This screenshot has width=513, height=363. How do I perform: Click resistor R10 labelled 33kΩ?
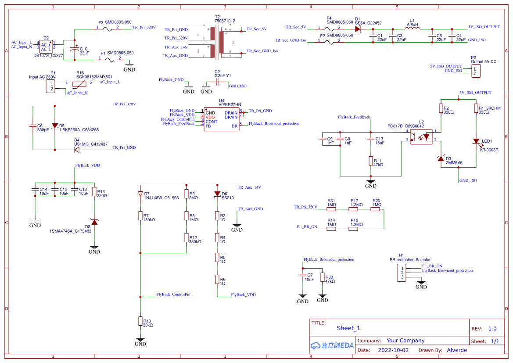(140, 322)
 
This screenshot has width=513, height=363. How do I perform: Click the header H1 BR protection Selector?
(401, 273)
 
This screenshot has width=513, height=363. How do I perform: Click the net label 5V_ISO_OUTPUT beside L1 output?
(484, 27)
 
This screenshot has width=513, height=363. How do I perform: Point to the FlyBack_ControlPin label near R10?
(173, 295)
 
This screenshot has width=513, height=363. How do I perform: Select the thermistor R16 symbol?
(79, 83)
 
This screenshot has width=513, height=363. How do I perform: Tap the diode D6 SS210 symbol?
(217, 194)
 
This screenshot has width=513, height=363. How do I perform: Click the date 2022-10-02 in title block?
(393, 350)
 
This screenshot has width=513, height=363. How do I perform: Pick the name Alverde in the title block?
(457, 350)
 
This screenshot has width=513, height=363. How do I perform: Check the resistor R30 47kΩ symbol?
(323, 278)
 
